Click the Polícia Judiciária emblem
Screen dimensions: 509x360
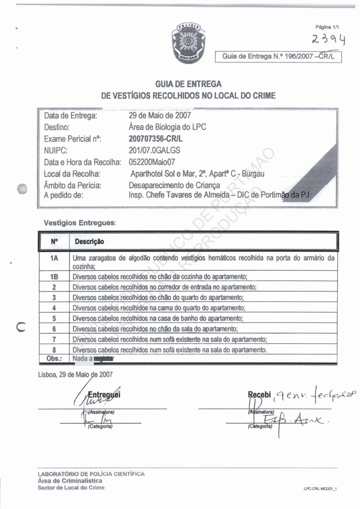pyautogui.click(x=190, y=42)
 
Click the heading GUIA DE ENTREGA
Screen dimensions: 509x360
pyautogui.click(x=189, y=85)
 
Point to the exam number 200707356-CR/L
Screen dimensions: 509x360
pyautogui.click(x=156, y=139)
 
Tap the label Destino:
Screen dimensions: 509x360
pyautogui.click(x=58, y=128)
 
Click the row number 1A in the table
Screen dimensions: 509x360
pyautogui.click(x=54, y=258)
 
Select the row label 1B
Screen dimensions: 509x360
pyautogui.click(x=54, y=277)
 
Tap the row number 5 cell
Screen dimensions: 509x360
pyautogui.click(x=54, y=318)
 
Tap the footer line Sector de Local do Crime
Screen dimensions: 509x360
pyautogui.click(x=71, y=487)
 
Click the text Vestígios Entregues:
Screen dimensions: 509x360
pyautogui.click(x=80, y=223)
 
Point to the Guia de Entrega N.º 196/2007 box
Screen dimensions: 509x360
pyautogui.click(x=280, y=57)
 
